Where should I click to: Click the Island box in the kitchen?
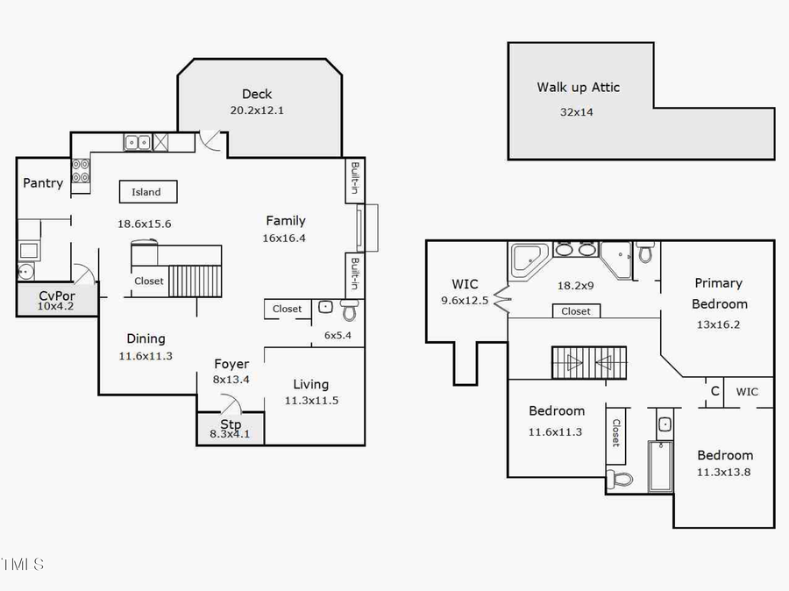(x=147, y=192)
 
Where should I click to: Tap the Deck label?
(x=257, y=94)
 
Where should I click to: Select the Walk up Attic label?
(x=578, y=87)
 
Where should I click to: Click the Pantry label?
(x=43, y=182)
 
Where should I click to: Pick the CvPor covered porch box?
(x=57, y=301)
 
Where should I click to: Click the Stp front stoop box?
(x=230, y=429)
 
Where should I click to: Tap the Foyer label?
(x=231, y=364)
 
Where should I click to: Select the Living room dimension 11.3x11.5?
(x=310, y=401)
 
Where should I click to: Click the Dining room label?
(x=146, y=338)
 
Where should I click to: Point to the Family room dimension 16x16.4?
(x=286, y=238)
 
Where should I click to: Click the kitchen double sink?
(x=136, y=141)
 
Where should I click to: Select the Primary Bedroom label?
(x=719, y=293)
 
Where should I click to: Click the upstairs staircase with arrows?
(x=589, y=362)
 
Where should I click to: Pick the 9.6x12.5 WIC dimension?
(x=465, y=301)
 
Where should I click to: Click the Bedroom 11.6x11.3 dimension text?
(x=556, y=431)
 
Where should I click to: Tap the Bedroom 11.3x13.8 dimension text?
(x=724, y=472)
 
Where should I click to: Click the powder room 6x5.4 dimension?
(x=338, y=335)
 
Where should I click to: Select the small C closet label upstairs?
(x=714, y=392)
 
